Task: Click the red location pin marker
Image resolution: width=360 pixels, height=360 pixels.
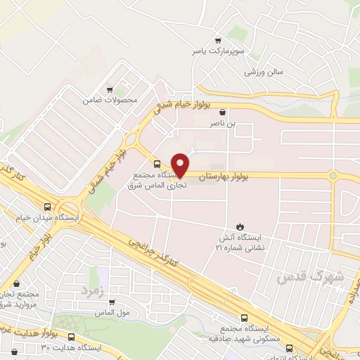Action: [x=181, y=165]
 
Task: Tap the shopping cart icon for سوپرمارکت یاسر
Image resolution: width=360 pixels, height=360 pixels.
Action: [x=219, y=40]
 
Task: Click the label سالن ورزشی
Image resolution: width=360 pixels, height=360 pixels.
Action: [x=264, y=72]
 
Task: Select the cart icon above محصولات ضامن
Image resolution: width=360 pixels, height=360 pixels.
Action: [x=110, y=89]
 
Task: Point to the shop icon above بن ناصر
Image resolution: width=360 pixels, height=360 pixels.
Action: [x=223, y=112]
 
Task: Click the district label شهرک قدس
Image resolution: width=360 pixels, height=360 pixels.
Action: [x=310, y=276]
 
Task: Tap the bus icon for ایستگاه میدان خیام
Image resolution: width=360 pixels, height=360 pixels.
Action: [x=47, y=207]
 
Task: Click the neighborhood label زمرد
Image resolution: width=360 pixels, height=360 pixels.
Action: [x=92, y=290]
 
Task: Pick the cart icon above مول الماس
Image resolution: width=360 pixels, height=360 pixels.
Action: [x=112, y=303]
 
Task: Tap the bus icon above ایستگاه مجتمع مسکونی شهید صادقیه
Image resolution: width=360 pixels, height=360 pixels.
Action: [x=244, y=317]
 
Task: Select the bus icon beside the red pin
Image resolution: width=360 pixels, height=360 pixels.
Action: [x=156, y=166]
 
